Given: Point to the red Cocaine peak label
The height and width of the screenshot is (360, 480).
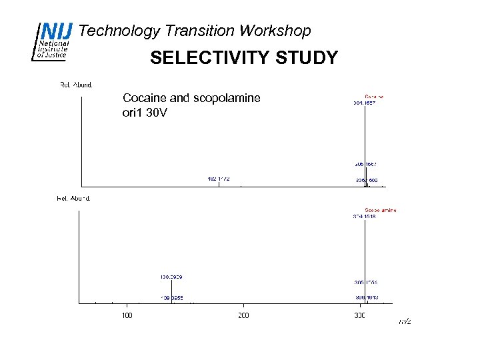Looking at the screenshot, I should [374, 96].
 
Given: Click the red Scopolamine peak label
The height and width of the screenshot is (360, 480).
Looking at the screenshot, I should [380, 210].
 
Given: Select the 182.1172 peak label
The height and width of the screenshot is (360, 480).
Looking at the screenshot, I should [219, 179].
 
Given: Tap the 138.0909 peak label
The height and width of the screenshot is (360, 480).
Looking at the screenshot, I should [171, 276].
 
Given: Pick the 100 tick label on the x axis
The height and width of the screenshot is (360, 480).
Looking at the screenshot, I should [126, 315].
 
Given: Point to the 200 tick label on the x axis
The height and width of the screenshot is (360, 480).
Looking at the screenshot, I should [243, 315].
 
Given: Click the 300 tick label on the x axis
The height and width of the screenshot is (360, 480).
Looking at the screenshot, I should [360, 315].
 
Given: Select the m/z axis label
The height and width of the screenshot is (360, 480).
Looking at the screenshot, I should [405, 322].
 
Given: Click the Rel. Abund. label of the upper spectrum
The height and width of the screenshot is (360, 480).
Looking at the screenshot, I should [76, 85].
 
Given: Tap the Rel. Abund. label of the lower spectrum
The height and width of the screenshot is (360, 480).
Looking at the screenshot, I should [73, 198].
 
